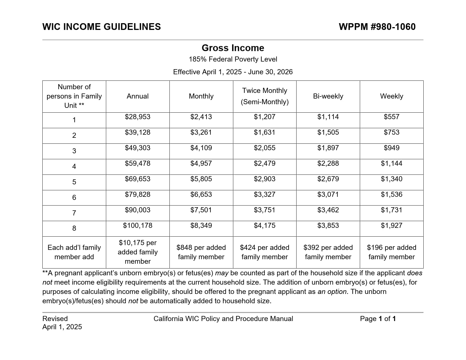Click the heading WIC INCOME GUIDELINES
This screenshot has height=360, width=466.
coord(101,27)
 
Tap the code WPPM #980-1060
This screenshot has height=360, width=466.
coord(377,27)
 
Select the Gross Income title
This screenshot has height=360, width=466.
coord(233,48)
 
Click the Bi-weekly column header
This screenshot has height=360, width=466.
coord(328,96)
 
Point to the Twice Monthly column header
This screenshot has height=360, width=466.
coord(265,91)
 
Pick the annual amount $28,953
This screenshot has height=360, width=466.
coord(138,117)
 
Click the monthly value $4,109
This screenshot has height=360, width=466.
coord(201,148)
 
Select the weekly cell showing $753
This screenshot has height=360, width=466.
coord(391,132)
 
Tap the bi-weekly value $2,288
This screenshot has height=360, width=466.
coord(328,163)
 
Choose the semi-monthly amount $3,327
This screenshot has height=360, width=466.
coord(265,195)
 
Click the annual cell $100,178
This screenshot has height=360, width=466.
coord(138,226)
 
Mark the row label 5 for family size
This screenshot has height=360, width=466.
coord(74,182)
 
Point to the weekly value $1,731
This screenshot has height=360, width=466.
coord(391,210)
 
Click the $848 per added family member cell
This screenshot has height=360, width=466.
coord(201,252)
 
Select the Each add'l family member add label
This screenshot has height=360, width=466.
coord(74,252)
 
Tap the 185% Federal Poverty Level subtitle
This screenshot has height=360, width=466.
coord(233,59)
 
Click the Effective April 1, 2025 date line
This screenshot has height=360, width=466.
coord(233,72)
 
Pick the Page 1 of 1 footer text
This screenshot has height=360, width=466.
coord(378,319)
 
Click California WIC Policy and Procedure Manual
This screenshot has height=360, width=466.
coord(223,319)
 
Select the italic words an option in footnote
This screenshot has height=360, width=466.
coord(332,292)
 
